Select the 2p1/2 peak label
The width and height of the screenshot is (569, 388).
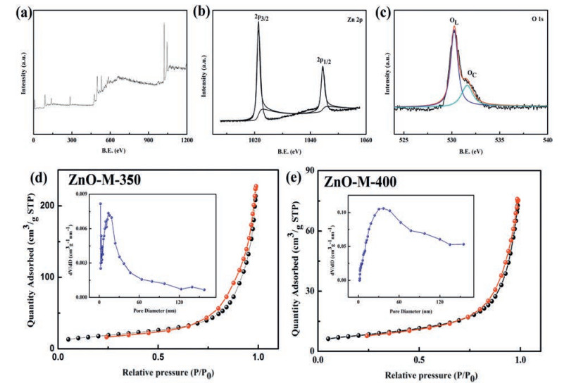[323, 61]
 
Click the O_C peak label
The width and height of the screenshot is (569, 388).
[472, 73]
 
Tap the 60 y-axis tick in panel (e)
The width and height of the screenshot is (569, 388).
[311, 230]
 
